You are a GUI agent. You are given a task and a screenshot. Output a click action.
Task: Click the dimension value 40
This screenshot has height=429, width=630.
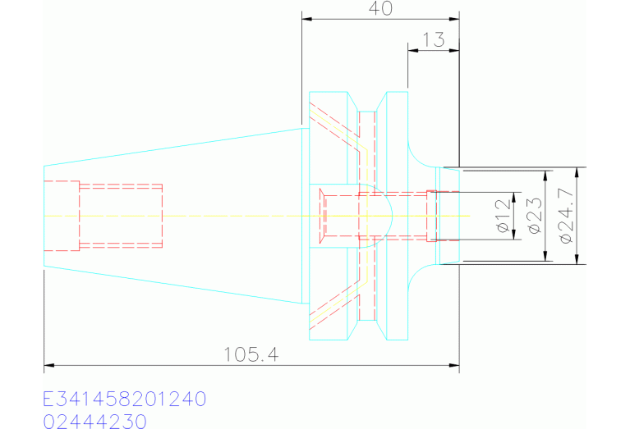pyautogui.click(x=380, y=8)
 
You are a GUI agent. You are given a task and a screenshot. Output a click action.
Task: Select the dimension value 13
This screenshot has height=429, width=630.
pyautogui.click(x=434, y=39)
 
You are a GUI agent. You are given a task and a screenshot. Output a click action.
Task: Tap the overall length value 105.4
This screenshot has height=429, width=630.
pyautogui.click(x=251, y=354)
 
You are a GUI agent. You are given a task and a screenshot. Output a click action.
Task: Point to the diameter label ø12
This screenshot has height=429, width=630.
pyautogui.click(x=504, y=216)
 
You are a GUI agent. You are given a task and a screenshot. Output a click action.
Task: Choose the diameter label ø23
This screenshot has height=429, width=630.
pyautogui.click(x=536, y=216)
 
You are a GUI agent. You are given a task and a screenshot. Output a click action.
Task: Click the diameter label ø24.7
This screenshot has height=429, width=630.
pyautogui.click(x=566, y=216)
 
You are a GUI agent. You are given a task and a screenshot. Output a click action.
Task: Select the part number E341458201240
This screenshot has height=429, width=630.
pyautogui.click(x=125, y=399)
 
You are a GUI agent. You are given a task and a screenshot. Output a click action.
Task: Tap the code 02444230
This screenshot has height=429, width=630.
pyautogui.click(x=94, y=422)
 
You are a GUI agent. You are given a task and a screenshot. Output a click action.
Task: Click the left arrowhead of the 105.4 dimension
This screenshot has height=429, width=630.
pyautogui.click(x=48, y=366)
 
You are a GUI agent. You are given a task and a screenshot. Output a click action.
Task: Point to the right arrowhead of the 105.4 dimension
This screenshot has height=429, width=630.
pyautogui.click(x=454, y=366)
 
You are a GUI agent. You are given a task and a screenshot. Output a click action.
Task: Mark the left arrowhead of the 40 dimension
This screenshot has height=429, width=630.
pyautogui.click(x=306, y=19)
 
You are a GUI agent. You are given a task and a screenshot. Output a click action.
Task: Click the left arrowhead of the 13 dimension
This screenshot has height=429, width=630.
pyautogui.click(x=412, y=50)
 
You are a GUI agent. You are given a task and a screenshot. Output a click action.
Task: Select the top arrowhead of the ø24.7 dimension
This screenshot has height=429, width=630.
pyautogui.click(x=577, y=172)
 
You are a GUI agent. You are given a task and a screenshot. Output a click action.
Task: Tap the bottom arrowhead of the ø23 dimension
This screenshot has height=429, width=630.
pyautogui.click(x=545, y=256)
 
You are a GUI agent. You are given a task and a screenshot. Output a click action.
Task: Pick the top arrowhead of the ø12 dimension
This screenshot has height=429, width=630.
pyautogui.click(x=514, y=198)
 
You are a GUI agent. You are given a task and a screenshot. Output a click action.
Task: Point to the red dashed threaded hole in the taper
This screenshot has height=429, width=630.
pyautogui.click(x=121, y=216)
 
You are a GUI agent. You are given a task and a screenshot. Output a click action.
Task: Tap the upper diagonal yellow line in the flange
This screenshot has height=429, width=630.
pyautogui.click(x=338, y=130)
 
